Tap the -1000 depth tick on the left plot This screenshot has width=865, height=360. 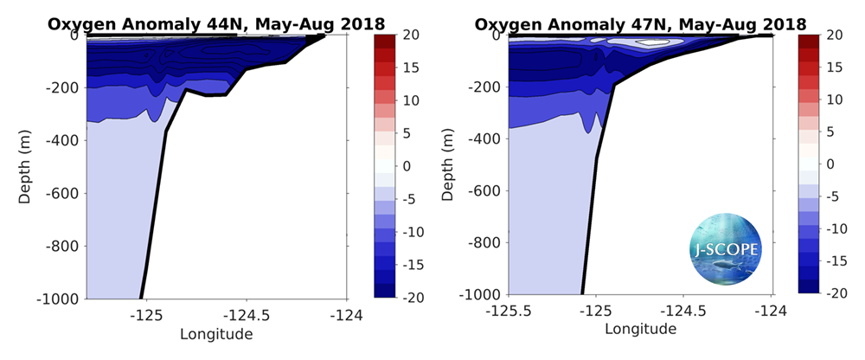tap(60, 299)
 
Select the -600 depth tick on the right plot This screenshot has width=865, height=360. tap(486, 190)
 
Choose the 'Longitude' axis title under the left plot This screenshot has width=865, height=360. tap(216, 334)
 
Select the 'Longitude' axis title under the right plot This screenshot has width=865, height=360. tap(640, 329)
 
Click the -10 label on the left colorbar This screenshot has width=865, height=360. tap(416, 232)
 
